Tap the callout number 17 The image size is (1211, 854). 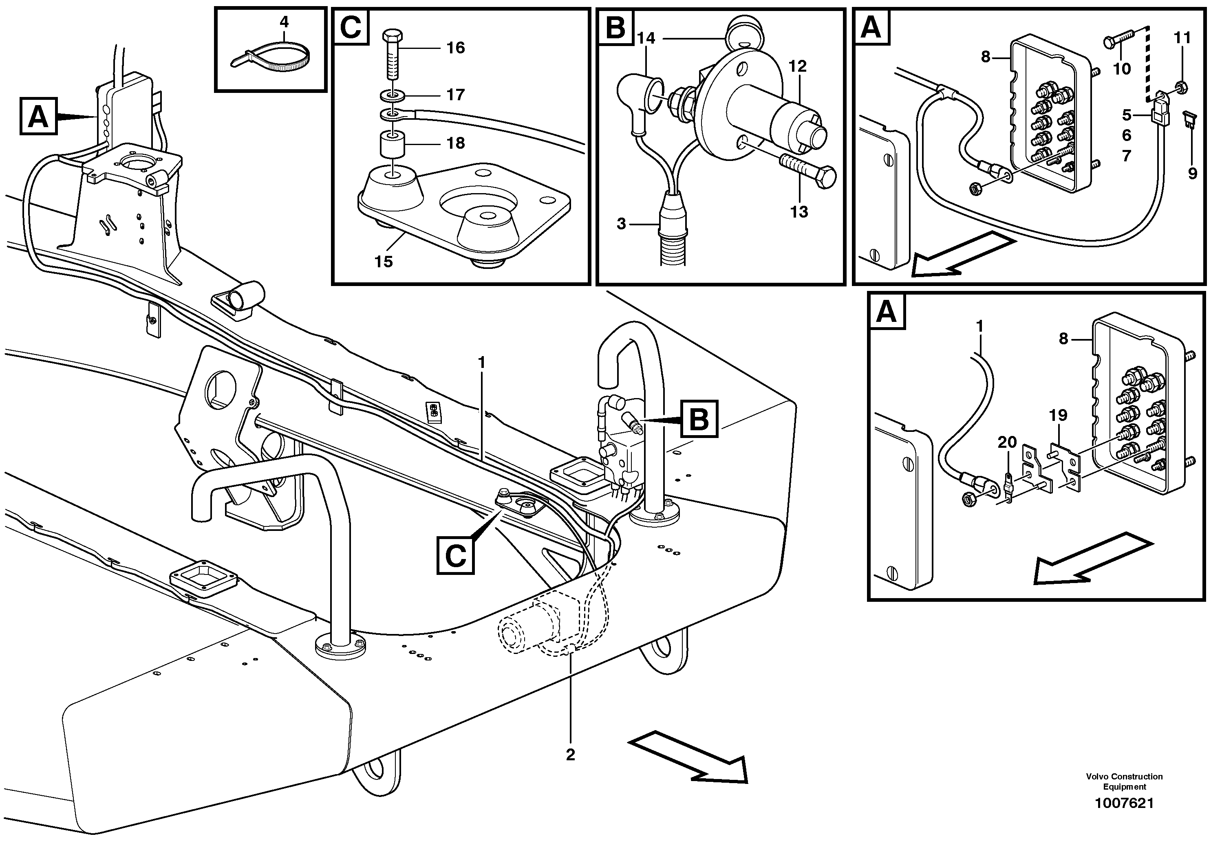pyautogui.click(x=455, y=95)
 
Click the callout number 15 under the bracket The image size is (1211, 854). pyautogui.click(x=384, y=262)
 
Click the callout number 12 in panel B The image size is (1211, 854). pyautogui.click(x=798, y=66)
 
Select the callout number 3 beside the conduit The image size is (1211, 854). pyautogui.click(x=621, y=224)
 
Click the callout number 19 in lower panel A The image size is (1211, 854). pyautogui.click(x=1057, y=416)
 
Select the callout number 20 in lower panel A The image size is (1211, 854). pyautogui.click(x=1006, y=442)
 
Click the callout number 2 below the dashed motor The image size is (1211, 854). pyautogui.click(x=570, y=755)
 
